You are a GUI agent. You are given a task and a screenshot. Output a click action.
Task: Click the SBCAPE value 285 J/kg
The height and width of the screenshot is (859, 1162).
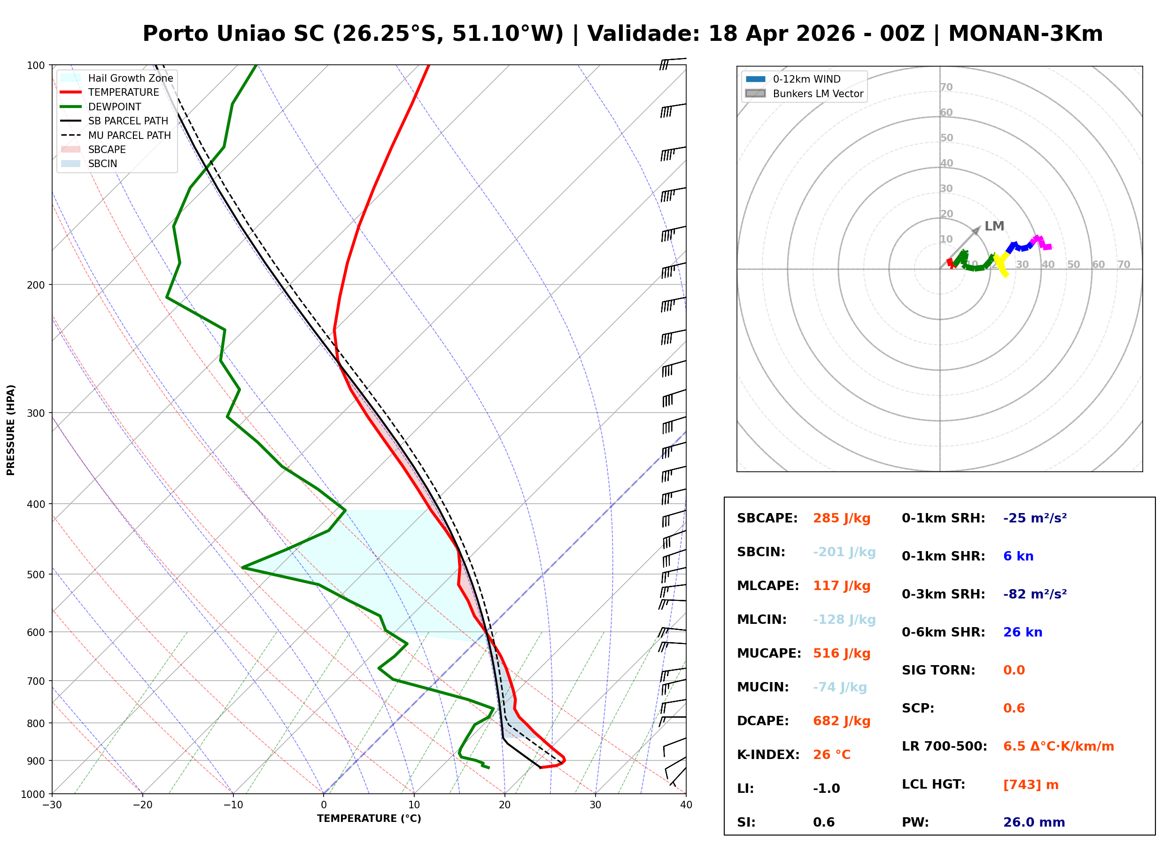coord(842,518)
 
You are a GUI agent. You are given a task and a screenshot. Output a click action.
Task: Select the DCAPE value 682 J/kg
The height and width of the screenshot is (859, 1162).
coord(842,721)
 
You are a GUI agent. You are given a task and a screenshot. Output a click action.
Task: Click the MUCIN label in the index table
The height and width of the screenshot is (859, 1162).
coord(762,687)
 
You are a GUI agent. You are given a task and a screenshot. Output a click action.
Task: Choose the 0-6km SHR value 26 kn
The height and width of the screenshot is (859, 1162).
coord(1023,632)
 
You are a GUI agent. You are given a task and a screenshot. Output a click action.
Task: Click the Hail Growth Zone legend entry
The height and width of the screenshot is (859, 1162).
coord(117,78)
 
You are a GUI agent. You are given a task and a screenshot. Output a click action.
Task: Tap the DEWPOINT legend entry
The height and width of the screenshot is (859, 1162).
coord(101,107)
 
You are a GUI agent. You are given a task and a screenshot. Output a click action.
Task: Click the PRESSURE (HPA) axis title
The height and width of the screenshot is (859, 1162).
coord(11,430)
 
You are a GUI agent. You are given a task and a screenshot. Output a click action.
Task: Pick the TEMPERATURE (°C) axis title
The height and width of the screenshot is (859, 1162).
coord(369,819)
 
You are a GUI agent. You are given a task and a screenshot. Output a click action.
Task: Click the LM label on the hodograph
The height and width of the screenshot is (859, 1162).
coord(994,226)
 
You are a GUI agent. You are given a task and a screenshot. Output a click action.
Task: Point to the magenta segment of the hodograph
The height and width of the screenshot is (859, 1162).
coord(1041,242)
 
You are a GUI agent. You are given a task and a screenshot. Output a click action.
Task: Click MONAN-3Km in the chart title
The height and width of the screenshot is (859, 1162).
coord(1025,34)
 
